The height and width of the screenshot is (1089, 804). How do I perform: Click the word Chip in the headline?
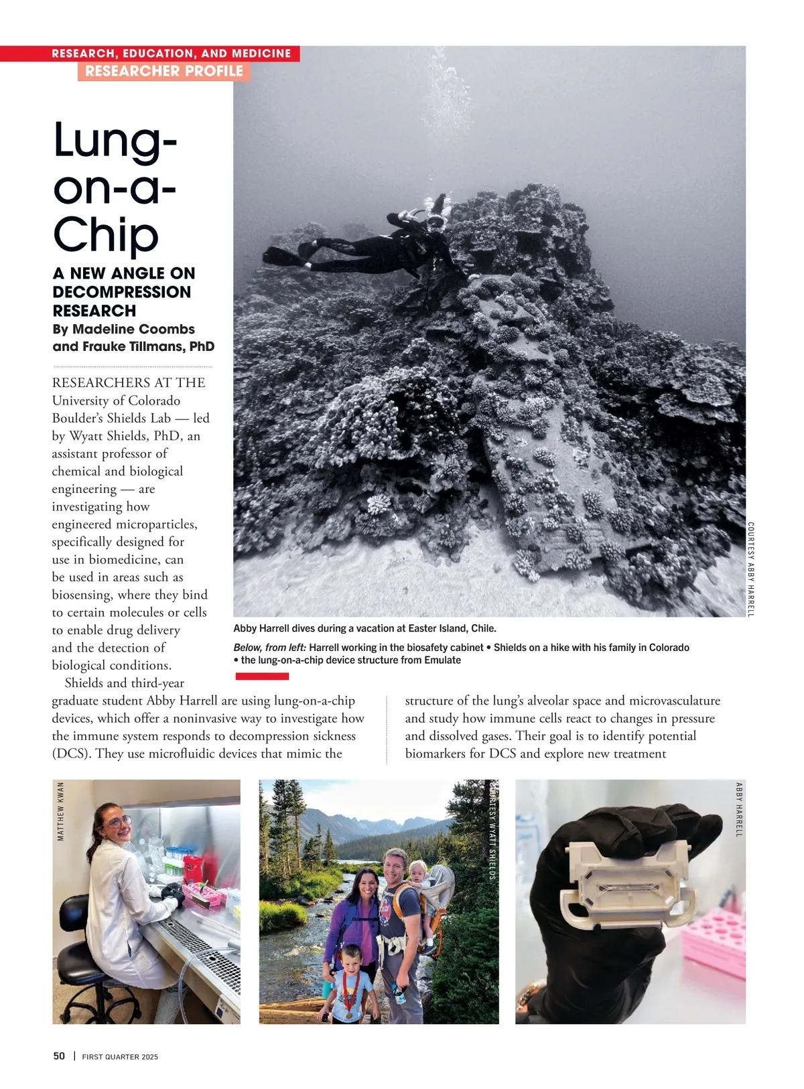coord(106,235)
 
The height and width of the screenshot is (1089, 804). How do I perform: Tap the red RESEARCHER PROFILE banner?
coord(164,71)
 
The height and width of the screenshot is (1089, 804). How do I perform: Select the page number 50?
coord(59,1056)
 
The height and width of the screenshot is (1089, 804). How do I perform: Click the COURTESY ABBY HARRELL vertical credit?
coord(750,569)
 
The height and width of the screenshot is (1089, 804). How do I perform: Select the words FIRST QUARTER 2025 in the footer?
coord(120,1057)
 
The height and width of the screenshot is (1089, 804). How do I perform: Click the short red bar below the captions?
coord(263,676)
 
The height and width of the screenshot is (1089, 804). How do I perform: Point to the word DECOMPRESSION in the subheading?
coord(122,292)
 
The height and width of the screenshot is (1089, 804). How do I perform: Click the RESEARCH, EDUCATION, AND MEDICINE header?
coord(172,54)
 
